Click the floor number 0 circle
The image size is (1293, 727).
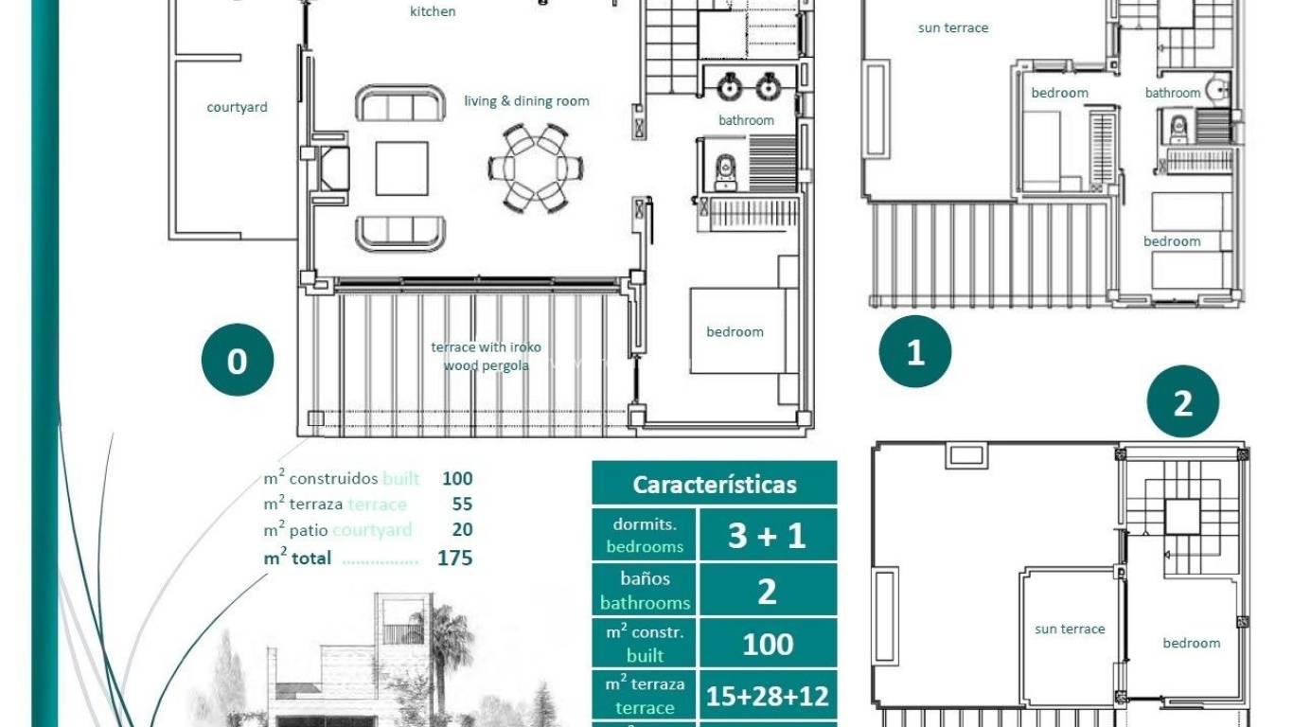pos(237,361)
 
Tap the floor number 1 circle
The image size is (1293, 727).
pos(914,352)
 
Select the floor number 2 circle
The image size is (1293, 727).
pos(1182,402)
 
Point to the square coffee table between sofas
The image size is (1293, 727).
pos(401,168)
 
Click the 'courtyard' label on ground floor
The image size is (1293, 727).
pos(237,107)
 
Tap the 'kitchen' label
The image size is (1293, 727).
pos(433,11)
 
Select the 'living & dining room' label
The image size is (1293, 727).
pos(526,101)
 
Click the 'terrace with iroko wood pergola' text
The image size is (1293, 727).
pos(486,356)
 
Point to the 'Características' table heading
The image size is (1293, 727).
pos(715,485)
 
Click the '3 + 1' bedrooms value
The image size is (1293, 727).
pos(767,536)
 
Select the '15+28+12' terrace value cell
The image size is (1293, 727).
pos(767,697)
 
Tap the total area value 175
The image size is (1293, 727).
pos(454,558)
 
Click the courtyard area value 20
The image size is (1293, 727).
pos(462,529)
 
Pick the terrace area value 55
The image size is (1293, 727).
pos(462,504)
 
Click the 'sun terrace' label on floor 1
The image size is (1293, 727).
pos(952,28)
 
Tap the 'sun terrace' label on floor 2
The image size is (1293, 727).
pos(1070,629)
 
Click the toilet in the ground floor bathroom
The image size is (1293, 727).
pos(726,170)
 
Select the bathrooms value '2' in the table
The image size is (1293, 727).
pos(767,592)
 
